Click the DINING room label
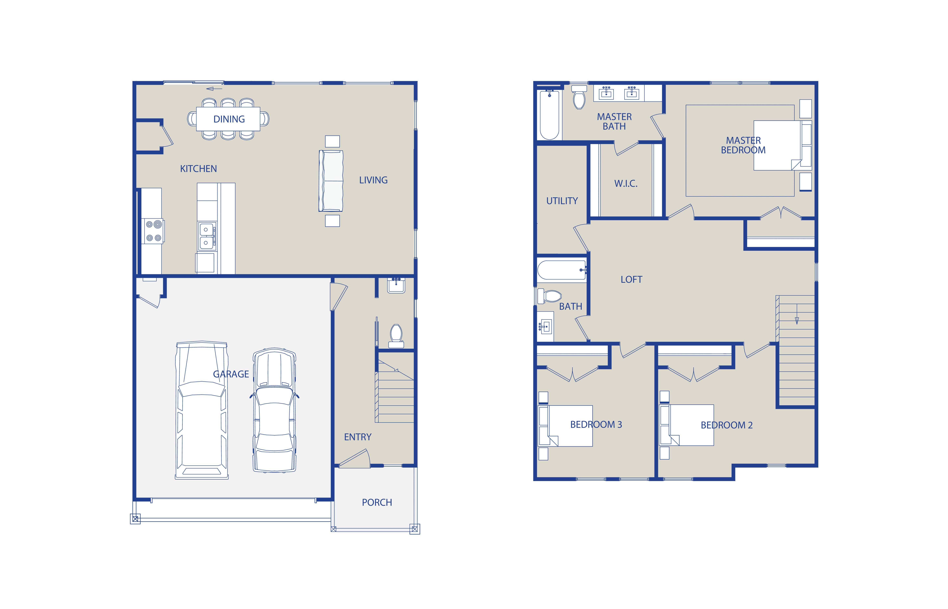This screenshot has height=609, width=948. point(229,119)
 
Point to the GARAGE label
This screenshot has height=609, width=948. point(231,374)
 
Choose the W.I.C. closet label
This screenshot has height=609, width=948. point(626,184)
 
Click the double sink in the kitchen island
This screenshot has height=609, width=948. point(207,236)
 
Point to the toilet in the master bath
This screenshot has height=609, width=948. point(579,97)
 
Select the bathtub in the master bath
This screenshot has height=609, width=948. point(550,115)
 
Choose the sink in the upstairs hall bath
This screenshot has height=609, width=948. point(545,327)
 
